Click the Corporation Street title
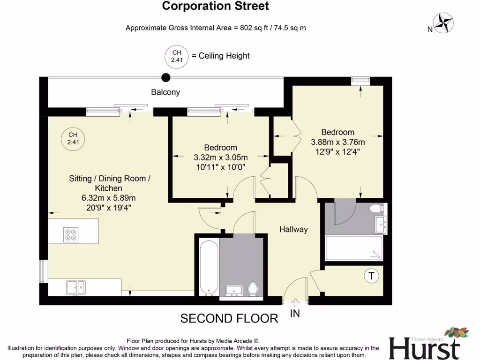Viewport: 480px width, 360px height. point(215,6)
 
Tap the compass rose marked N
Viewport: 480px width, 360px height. point(442,22)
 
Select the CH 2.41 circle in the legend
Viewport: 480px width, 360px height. point(176,56)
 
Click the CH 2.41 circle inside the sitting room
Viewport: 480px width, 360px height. point(73,138)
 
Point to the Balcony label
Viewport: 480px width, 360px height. point(165,92)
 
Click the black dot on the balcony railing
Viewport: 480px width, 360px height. point(165,78)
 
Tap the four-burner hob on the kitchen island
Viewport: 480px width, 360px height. point(71,234)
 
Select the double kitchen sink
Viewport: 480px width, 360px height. point(75,286)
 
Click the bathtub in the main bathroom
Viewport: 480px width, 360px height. point(208,268)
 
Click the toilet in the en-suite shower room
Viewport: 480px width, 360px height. point(376,209)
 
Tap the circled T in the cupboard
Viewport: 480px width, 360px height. point(371,276)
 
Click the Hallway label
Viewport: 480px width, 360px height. point(293,229)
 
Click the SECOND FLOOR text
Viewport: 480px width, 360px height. point(229,319)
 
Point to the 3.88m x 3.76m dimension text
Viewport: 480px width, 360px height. point(337,142)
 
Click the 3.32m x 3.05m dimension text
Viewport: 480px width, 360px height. point(220,157)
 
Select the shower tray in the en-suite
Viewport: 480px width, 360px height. point(354,247)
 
